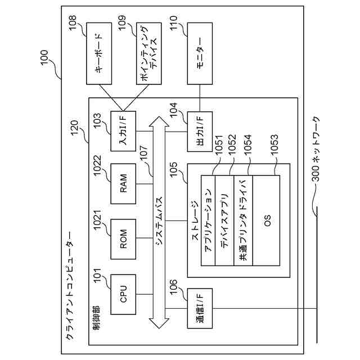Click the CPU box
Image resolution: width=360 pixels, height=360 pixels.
point(123,294)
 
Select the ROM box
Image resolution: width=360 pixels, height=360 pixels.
point(123,239)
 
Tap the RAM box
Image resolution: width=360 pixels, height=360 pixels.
point(123,184)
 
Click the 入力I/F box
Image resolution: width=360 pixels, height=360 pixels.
point(123,131)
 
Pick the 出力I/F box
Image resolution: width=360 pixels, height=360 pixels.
point(200,132)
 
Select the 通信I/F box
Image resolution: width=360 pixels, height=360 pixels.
point(200,308)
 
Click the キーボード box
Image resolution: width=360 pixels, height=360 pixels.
point(99,53)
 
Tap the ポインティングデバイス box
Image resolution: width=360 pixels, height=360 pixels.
point(148,53)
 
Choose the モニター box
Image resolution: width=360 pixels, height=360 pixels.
point(200,53)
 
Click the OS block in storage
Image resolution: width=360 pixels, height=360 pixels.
point(266,220)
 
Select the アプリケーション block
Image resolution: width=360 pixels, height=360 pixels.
point(208,220)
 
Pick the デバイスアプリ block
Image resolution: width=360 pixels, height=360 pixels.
point(224,220)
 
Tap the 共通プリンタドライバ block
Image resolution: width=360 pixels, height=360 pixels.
point(244,220)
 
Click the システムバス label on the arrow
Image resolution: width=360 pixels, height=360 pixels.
point(159,222)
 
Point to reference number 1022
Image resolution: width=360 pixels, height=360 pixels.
point(97,165)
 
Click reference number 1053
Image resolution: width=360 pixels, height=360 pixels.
point(274,145)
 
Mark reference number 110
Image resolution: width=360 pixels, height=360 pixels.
point(173,23)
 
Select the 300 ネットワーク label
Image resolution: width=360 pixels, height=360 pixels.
point(316,149)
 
